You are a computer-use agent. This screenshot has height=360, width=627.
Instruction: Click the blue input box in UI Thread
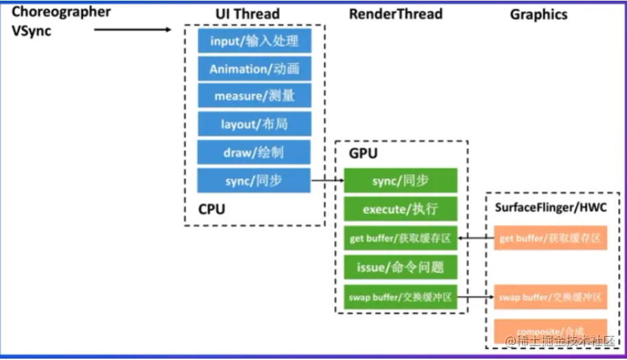[x=254, y=41]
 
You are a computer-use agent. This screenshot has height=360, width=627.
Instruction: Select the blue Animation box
[x=254, y=69]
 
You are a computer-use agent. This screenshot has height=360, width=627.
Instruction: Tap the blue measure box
[x=254, y=96]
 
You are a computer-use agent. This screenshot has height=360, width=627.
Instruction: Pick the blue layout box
[x=254, y=124]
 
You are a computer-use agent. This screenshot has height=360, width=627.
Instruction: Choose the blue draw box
[x=254, y=152]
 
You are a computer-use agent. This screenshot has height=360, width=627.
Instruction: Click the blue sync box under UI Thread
[x=254, y=180]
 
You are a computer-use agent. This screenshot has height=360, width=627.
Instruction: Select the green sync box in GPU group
[x=401, y=180]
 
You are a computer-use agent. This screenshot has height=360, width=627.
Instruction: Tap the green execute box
[x=401, y=208]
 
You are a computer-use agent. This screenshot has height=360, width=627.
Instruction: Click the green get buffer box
[x=401, y=238]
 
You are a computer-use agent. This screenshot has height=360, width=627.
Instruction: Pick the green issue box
[x=401, y=267]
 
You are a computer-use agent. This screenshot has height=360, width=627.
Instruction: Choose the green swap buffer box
[x=401, y=297]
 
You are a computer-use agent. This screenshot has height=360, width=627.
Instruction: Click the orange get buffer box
[x=550, y=238]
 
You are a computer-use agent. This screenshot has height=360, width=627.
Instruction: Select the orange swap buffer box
[x=550, y=297]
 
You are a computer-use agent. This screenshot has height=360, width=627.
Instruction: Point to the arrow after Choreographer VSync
[x=132, y=29]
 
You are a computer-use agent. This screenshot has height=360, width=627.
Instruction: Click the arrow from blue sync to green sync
[x=327, y=181]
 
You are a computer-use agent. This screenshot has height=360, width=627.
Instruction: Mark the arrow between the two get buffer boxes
[x=475, y=238]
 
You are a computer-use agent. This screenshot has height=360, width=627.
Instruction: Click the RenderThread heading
[x=396, y=14]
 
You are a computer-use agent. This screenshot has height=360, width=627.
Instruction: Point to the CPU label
[x=211, y=209]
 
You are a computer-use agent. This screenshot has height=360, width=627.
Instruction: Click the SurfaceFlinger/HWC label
[x=550, y=208]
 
